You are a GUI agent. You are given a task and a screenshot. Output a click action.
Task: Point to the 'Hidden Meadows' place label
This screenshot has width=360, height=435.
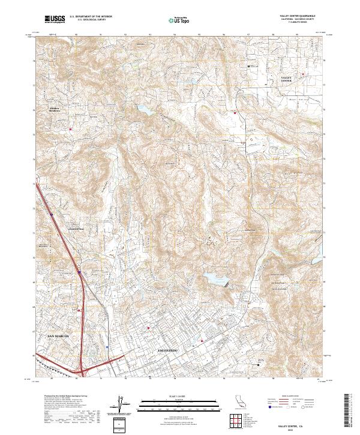tap(56, 109)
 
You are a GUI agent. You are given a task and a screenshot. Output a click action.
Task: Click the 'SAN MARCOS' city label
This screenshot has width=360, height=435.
tap(58, 336)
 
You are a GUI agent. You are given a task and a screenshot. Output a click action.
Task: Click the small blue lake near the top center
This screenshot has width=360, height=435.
tap(145, 110)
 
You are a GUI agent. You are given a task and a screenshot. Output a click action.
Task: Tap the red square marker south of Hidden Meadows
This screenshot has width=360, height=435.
tap(70, 127)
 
